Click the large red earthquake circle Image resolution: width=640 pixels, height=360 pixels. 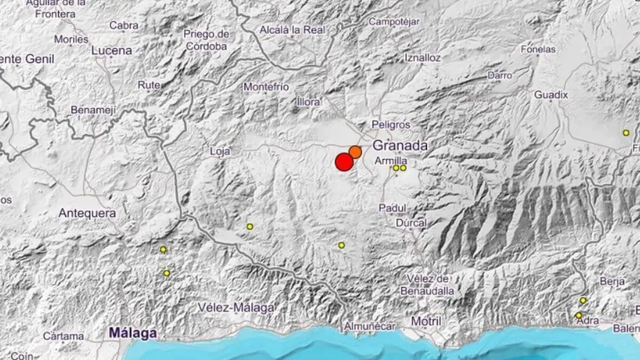pos(345,162)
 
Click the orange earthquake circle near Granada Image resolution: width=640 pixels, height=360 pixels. pos(355,152)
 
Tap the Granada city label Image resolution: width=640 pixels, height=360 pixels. pos(400,146)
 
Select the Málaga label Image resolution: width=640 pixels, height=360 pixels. pos(133,333)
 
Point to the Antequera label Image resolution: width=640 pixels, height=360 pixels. pos(87,212)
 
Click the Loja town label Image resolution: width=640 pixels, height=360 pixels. pos(220,152)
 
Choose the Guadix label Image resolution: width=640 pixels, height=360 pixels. pos(551,95)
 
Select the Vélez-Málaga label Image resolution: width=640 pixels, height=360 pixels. pos(237,307)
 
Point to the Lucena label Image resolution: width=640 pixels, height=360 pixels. pos(112,50)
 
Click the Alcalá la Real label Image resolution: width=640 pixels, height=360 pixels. pos(292,29)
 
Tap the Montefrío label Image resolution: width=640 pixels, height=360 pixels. pos(266,86)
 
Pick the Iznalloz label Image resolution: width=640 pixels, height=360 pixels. pos(423,57)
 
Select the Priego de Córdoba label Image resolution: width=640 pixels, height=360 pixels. pos(206,40)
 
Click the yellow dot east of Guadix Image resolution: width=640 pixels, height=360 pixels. pos(626,132)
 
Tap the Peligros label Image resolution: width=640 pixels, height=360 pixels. pos(391,125)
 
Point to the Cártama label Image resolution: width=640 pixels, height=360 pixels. pos(63,336)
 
